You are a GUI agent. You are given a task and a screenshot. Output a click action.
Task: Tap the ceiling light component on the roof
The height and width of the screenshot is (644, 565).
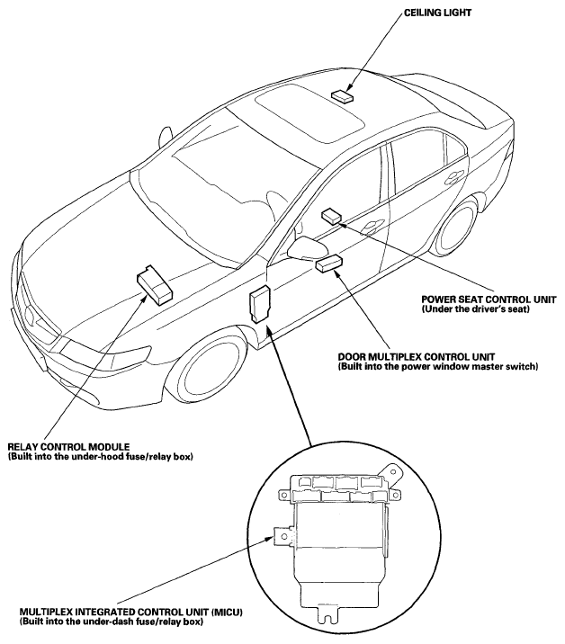[x=343, y=94]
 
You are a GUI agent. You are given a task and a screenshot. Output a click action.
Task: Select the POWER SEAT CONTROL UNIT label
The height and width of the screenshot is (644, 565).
[x=488, y=300]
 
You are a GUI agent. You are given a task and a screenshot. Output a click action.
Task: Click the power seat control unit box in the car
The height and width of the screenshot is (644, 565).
[x=331, y=215]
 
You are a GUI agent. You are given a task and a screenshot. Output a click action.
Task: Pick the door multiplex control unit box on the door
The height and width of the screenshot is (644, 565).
[x=327, y=262]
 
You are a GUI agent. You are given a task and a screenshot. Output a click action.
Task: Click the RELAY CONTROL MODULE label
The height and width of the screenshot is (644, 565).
[x=68, y=447]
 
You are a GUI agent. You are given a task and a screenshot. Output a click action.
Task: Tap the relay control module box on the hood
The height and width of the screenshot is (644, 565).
[x=155, y=283]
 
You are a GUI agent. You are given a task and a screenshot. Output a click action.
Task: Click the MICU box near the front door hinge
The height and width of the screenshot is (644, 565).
[x=261, y=303]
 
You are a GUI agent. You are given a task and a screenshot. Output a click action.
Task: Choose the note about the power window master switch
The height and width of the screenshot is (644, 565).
[x=437, y=366]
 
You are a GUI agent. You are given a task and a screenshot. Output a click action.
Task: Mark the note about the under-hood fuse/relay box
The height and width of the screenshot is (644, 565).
[x=100, y=457]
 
